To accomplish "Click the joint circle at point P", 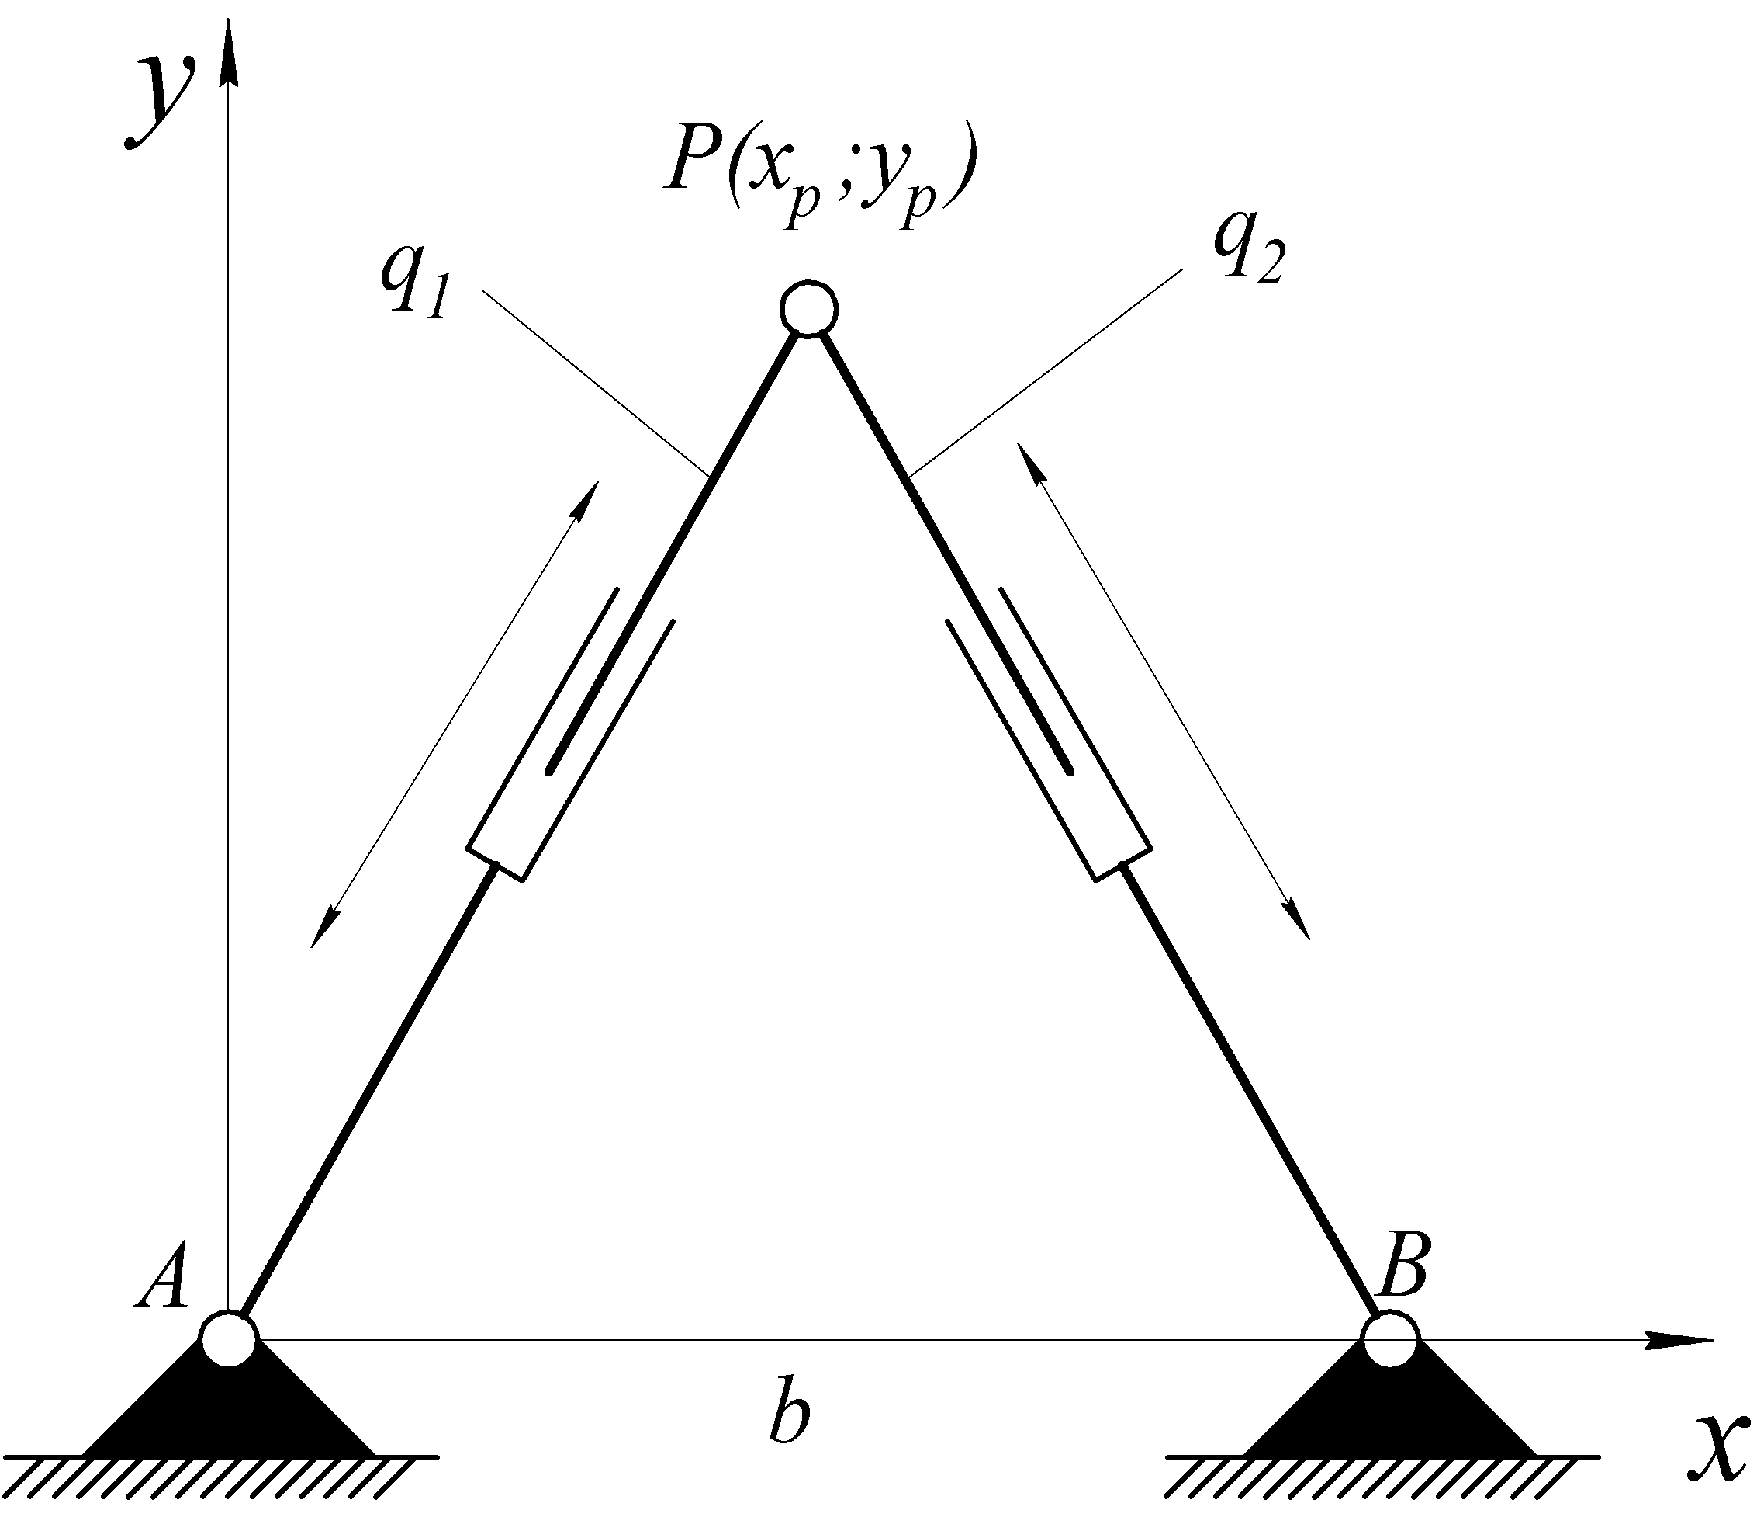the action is coord(809,307).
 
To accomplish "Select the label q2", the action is coord(1248,244).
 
